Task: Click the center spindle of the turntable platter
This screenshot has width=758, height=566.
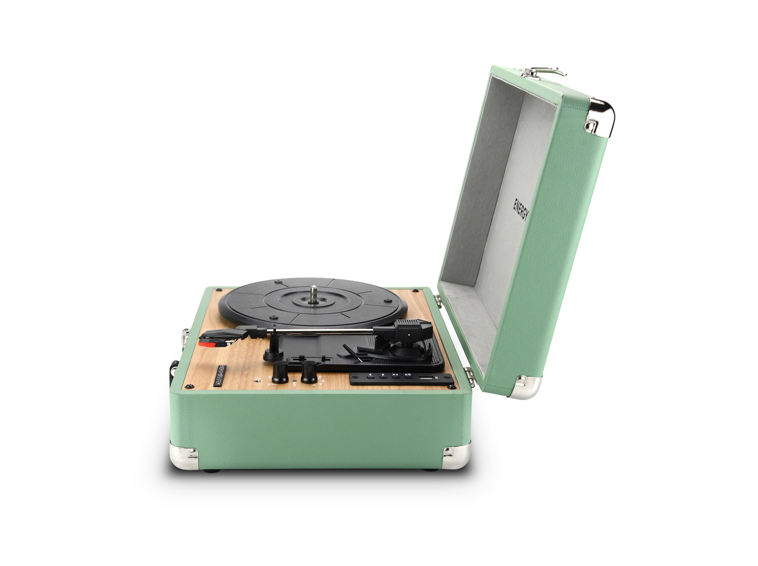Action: [313, 296]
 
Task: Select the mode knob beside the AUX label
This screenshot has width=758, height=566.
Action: [309, 372]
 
